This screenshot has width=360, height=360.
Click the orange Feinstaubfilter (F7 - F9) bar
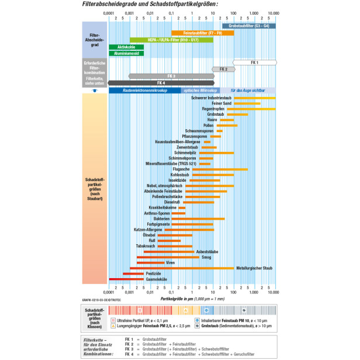(x=202, y=33)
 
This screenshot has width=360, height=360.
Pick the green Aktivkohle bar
(x=126, y=46)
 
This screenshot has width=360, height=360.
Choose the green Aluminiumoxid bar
(x=126, y=53)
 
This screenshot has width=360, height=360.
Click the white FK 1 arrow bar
(x=254, y=62)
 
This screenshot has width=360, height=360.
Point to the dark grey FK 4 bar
(x=161, y=82)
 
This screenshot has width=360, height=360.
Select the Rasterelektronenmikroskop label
(x=145, y=91)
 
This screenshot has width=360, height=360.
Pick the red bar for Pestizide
(x=133, y=274)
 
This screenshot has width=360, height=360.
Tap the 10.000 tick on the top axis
(x=272, y=12)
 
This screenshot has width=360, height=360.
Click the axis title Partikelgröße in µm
(x=192, y=298)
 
